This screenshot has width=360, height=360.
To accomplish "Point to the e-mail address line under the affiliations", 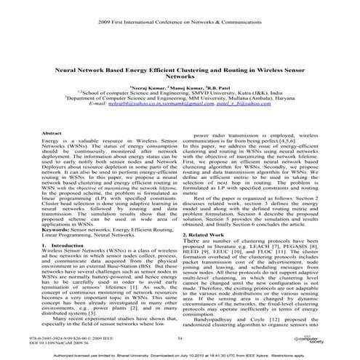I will pyautogui.click(x=180, y=105).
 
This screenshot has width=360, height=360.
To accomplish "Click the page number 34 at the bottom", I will pyautogui.click(x=179, y=337).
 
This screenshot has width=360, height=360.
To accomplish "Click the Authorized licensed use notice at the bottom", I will pyautogui.click(x=180, y=354).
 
